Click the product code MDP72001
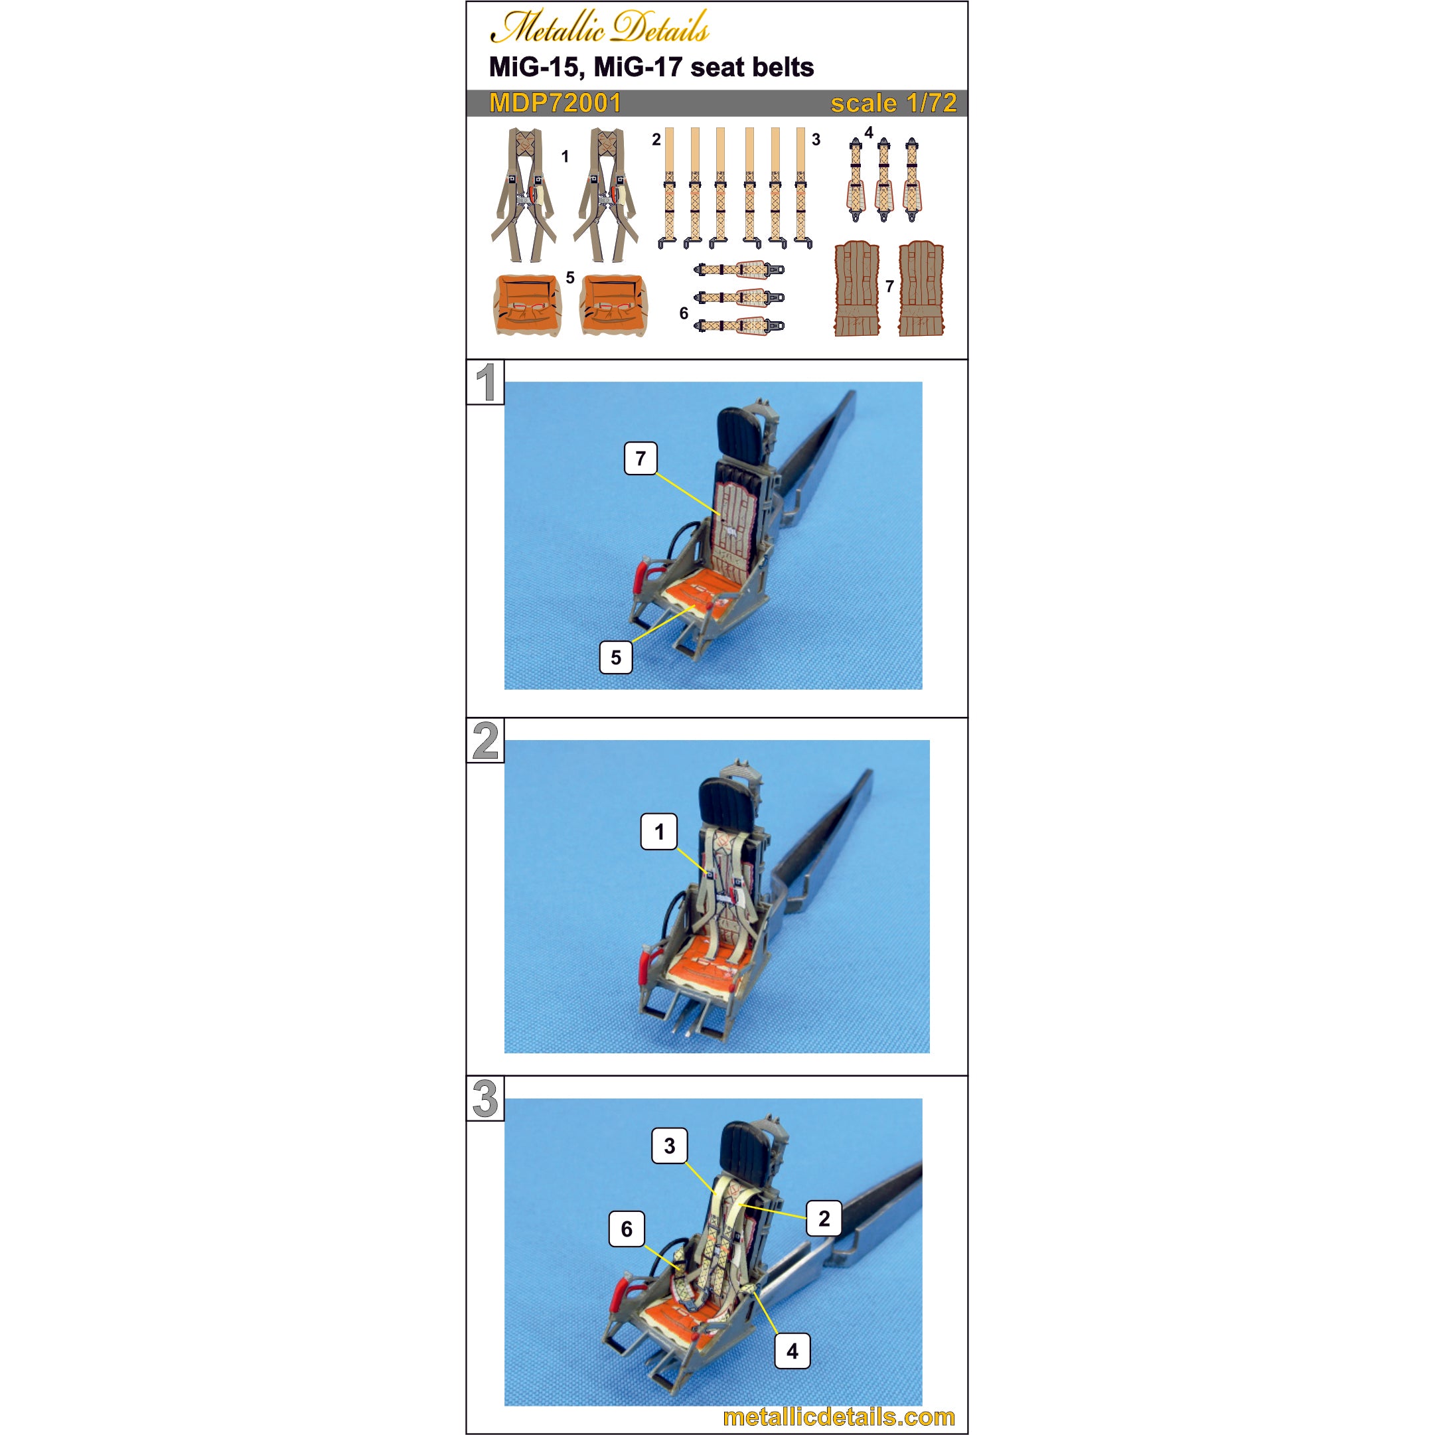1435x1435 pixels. point(555,104)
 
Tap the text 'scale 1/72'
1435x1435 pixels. point(893,104)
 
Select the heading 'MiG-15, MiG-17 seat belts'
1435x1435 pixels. point(651,67)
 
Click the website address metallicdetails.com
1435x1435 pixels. point(838,1416)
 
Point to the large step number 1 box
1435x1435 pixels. point(485,382)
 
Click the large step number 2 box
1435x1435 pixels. point(485,741)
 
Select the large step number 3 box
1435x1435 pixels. point(485,1098)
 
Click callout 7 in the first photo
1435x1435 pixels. point(641,458)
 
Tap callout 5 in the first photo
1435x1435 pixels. point(616,657)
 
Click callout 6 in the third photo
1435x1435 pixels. point(626,1229)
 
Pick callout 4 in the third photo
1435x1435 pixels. point(793,1351)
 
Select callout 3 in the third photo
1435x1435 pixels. point(669,1146)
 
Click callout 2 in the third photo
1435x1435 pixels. point(824,1218)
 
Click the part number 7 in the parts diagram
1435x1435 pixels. point(889,286)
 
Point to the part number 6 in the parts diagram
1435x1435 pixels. point(684,313)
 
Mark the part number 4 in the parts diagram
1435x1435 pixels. point(868,133)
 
